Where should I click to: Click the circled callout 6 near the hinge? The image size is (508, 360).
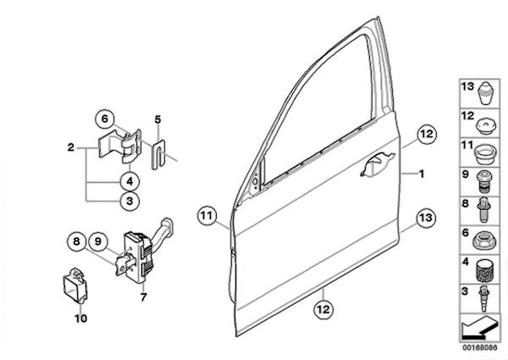coord(105,119)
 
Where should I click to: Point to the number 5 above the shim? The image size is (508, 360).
coord(157,119)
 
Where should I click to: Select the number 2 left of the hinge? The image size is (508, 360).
coord(70,147)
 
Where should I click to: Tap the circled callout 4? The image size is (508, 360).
coord(130,181)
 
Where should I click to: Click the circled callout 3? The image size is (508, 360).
coord(130,202)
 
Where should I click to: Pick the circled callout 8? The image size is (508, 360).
coord(76,241)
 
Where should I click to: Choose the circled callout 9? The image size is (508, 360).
coord(98,241)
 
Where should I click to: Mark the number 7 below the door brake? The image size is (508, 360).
coord(144,297)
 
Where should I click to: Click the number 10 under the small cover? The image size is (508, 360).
coord(80,318)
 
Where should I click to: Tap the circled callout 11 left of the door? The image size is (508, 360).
coord(207,215)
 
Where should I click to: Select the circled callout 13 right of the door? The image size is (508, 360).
coord(426,218)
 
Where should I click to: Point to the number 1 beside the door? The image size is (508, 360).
coord(422,174)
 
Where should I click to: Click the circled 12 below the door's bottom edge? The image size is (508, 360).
coord(323,309)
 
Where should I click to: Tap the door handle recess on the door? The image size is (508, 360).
coord(378,164)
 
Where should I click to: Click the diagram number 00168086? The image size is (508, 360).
coord(479,347)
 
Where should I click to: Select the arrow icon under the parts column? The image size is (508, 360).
coord(478,327)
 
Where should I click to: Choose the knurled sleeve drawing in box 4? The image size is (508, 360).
coord(483,270)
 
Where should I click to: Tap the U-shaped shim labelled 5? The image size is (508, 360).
coord(158,154)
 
